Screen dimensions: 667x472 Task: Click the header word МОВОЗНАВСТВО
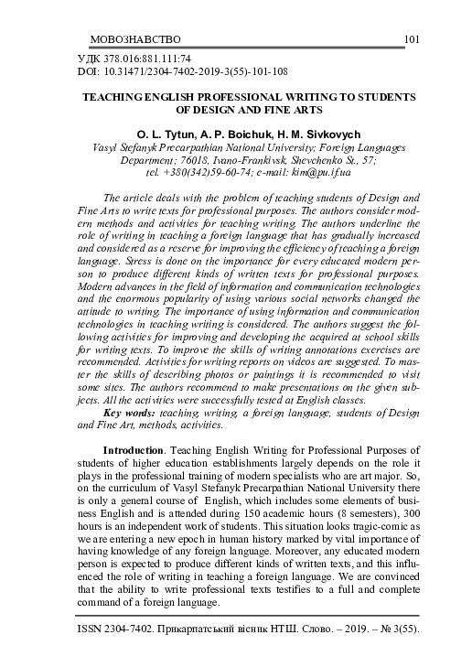pyautogui.click(x=136, y=39)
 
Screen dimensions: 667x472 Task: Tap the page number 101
pyautogui.click(x=410, y=39)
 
